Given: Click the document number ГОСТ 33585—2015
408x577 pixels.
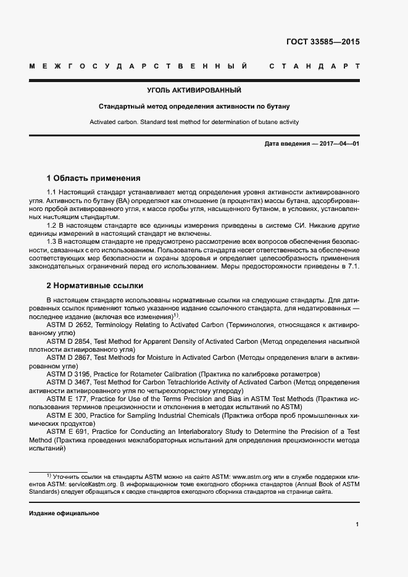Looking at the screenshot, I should (x=323, y=43).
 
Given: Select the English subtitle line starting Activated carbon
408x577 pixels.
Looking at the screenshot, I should (x=194, y=122).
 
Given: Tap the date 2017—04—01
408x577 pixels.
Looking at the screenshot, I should (x=338, y=144).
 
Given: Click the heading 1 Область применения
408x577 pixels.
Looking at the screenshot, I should (x=94, y=178).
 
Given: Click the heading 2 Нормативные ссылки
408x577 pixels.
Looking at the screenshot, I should (x=95, y=286).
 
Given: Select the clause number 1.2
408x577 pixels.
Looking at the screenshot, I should (x=52, y=225).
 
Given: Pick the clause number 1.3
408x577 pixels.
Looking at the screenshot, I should (x=52, y=241).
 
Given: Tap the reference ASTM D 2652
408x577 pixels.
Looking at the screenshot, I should (x=69, y=325).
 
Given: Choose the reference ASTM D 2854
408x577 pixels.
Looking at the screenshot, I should (x=69, y=341).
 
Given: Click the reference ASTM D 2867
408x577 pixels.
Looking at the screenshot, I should (x=69, y=357).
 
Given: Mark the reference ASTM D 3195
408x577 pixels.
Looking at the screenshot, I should (x=69, y=374).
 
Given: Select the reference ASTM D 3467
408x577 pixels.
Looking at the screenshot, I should (x=69, y=382).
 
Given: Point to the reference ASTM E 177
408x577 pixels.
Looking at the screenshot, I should (x=67, y=399).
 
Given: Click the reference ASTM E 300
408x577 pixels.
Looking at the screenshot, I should (x=67, y=415).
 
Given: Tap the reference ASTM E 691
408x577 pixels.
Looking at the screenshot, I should (x=67, y=431).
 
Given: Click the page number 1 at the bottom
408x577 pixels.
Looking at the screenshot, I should (x=357, y=525).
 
